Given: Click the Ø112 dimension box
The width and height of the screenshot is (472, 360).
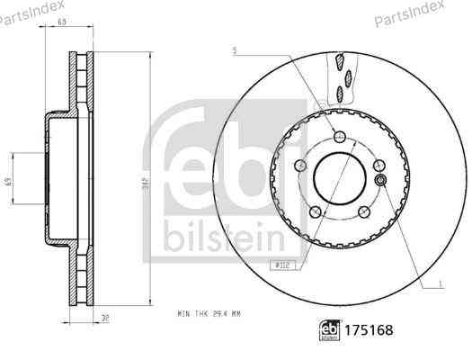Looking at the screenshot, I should tap(282, 264).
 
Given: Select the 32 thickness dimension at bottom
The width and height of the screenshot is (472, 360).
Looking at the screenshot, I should tap(106, 318).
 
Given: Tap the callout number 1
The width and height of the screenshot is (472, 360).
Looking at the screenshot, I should tap(440, 284).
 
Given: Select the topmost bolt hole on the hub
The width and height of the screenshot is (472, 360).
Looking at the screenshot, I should tap(337, 136).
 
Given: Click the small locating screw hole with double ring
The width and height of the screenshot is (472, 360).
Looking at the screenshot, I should tap(381, 180).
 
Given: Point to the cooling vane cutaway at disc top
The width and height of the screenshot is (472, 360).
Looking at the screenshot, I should tap(342, 76).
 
